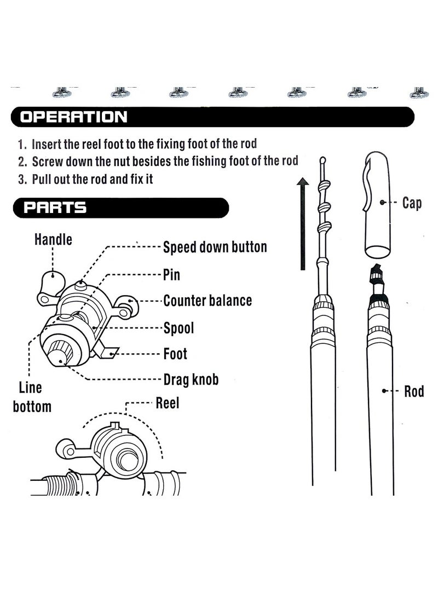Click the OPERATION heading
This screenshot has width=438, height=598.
point(73,117)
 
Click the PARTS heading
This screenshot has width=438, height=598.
point(53,208)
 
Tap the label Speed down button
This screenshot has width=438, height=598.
point(215,246)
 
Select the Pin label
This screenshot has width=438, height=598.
point(171,274)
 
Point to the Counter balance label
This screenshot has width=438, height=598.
point(208,301)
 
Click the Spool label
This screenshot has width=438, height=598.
point(178,328)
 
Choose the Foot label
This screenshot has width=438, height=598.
point(175,354)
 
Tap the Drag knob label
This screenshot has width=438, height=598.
point(191,379)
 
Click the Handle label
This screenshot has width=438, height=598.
point(53,239)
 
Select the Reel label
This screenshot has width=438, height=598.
point(168,403)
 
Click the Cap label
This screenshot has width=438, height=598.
point(412,203)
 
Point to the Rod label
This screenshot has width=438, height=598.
point(414,392)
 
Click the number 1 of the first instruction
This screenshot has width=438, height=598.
point(21,145)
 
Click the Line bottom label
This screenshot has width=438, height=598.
point(32,397)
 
